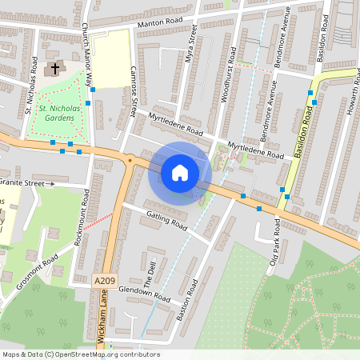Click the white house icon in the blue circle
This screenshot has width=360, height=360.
pyautogui.click(x=180, y=173)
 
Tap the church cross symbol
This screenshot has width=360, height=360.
pyautogui.click(x=55, y=69)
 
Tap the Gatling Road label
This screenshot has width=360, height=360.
pyautogui.click(x=166, y=222)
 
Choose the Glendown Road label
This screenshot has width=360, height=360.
pyautogui.click(x=145, y=297)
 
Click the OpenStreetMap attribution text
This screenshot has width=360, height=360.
pyautogui.click(x=80, y=354)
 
